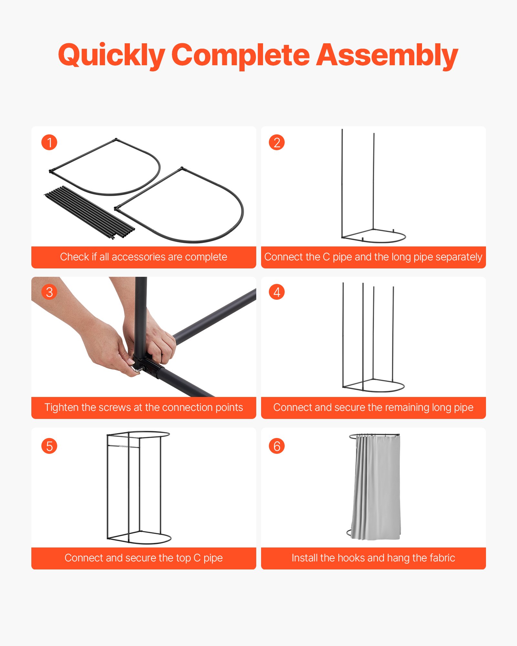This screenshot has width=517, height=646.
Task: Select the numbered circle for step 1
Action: click(x=49, y=142)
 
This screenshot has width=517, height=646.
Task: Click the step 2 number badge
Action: click(x=277, y=142)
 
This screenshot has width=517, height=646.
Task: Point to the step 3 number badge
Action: click(x=49, y=292)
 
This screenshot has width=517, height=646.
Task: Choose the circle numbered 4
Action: click(x=277, y=292)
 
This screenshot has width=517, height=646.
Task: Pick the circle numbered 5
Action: click(x=49, y=446)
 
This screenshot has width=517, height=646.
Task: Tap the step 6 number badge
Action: click(x=277, y=446)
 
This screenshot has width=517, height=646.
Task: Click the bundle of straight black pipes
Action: click(x=90, y=213)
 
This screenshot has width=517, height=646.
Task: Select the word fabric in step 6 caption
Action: click(x=443, y=558)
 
